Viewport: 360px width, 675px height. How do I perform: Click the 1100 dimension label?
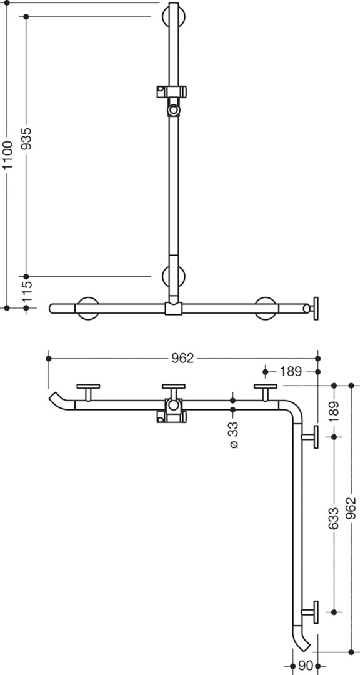7,154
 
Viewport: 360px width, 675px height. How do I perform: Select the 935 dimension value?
26,138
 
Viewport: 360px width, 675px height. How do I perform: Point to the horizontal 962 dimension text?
183,358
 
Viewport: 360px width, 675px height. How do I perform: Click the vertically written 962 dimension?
351,508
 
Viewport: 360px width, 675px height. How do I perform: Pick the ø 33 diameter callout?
233,435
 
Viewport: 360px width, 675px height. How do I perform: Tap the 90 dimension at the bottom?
305,666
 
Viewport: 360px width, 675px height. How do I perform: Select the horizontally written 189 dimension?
291,371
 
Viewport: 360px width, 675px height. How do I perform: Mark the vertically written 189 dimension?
334,411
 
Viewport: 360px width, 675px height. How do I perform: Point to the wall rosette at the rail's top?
174,16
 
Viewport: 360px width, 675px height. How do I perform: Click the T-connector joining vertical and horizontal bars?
174,308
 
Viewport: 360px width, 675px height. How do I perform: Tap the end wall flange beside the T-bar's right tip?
316,308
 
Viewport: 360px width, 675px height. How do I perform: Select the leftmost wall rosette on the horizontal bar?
88,308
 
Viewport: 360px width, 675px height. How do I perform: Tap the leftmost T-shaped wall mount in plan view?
88,392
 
